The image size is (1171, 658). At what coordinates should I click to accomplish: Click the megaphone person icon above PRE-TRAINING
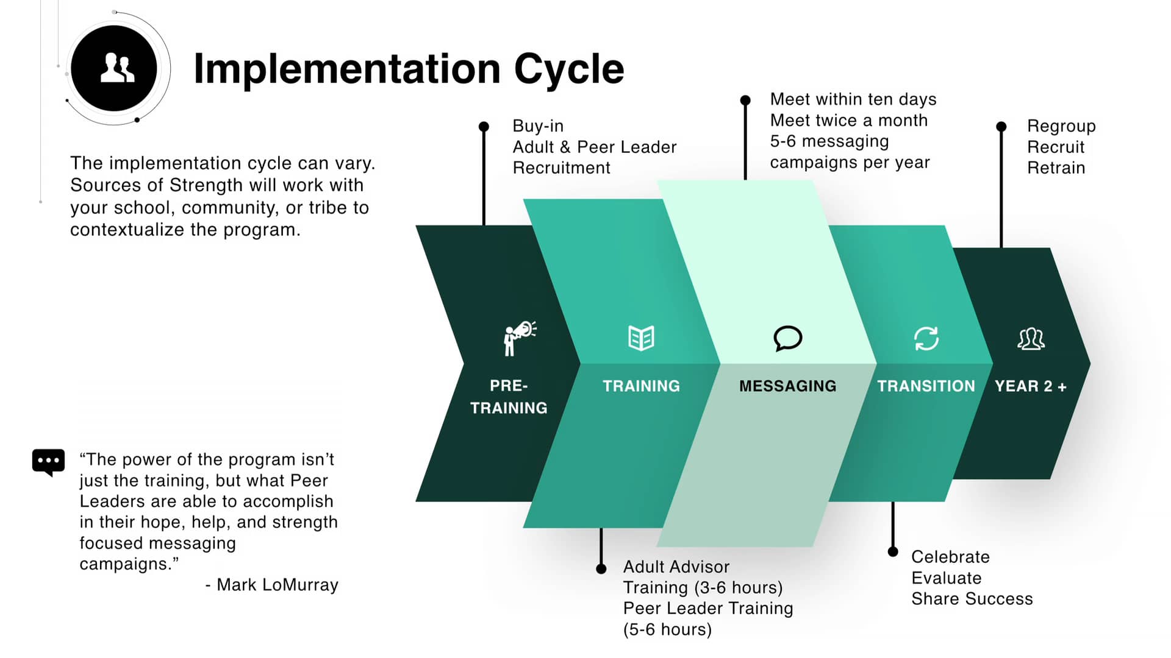[519, 338]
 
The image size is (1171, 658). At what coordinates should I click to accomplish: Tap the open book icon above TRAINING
[641, 338]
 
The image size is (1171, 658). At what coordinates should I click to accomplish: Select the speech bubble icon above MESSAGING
[787, 338]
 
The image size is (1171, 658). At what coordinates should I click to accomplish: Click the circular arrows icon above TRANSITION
[926, 339]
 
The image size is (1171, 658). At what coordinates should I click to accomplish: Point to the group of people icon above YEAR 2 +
[1031, 339]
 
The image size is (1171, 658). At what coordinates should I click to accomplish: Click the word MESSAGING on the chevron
[787, 386]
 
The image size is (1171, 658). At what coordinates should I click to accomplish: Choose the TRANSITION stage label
[926, 386]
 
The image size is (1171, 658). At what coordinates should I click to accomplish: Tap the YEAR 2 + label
[1030, 386]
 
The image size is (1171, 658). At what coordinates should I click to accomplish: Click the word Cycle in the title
[568, 68]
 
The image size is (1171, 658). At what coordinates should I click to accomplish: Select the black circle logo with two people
[114, 68]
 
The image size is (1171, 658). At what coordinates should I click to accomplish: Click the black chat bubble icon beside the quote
[48, 462]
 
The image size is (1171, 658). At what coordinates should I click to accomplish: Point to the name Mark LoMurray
[278, 585]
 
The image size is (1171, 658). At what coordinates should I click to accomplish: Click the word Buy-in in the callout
[537, 126]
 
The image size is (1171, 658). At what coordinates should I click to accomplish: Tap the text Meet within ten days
[853, 99]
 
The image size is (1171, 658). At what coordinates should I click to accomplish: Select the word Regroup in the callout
[1061, 126]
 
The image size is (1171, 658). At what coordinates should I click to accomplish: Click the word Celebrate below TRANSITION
[950, 557]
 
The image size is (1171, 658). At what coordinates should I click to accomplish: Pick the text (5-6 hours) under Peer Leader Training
[667, 629]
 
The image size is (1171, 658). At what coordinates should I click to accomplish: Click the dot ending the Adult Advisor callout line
[601, 569]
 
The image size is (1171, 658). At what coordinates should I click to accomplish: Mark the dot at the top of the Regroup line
[1001, 127]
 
